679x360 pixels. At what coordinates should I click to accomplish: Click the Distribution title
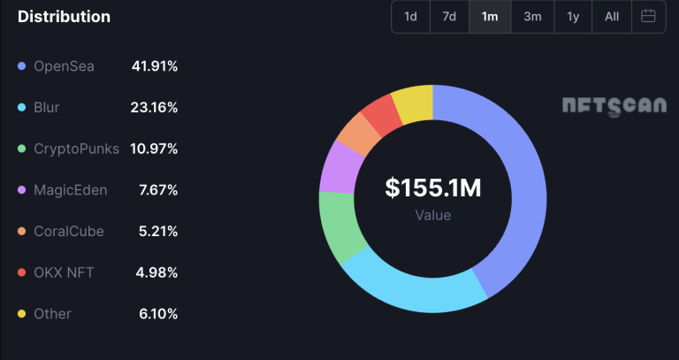pos(65,17)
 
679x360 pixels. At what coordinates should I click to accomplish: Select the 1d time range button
pos(411,17)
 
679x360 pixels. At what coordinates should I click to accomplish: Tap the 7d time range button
pos(449,17)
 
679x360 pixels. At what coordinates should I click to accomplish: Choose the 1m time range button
pos(490,17)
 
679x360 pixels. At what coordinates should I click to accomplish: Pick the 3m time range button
pos(532,17)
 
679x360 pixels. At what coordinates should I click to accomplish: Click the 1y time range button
pos(574,17)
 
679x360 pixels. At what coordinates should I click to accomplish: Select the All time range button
pos(612,17)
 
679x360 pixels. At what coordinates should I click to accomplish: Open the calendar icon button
pos(648,17)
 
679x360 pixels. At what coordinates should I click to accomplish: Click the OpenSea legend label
pos(64,66)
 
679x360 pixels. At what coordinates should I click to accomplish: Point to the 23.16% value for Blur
pos(156,108)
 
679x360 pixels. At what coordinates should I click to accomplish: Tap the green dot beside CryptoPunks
pos(21,149)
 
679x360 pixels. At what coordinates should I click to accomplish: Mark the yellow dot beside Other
pos(21,314)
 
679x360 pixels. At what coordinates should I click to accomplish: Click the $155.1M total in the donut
pos(433,188)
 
